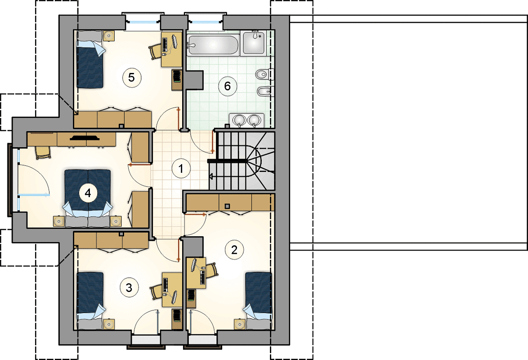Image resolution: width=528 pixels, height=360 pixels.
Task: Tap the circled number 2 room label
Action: [x=234, y=249]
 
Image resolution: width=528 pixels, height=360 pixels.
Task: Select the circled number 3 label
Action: [x=129, y=288]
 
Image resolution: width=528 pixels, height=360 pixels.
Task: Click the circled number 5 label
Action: [x=131, y=77]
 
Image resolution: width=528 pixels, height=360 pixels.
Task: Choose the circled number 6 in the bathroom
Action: [x=227, y=86]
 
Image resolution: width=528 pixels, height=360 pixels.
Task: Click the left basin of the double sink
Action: [x=239, y=120]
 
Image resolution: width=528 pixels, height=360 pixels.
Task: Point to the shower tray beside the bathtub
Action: [x=254, y=42]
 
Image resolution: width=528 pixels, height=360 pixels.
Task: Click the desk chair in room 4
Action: [x=43, y=153]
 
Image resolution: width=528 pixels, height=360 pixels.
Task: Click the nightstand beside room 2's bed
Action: [x=240, y=324]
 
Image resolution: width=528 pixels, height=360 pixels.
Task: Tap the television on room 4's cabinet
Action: [x=85, y=137]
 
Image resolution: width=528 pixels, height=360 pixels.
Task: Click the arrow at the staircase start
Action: [x=211, y=176]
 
